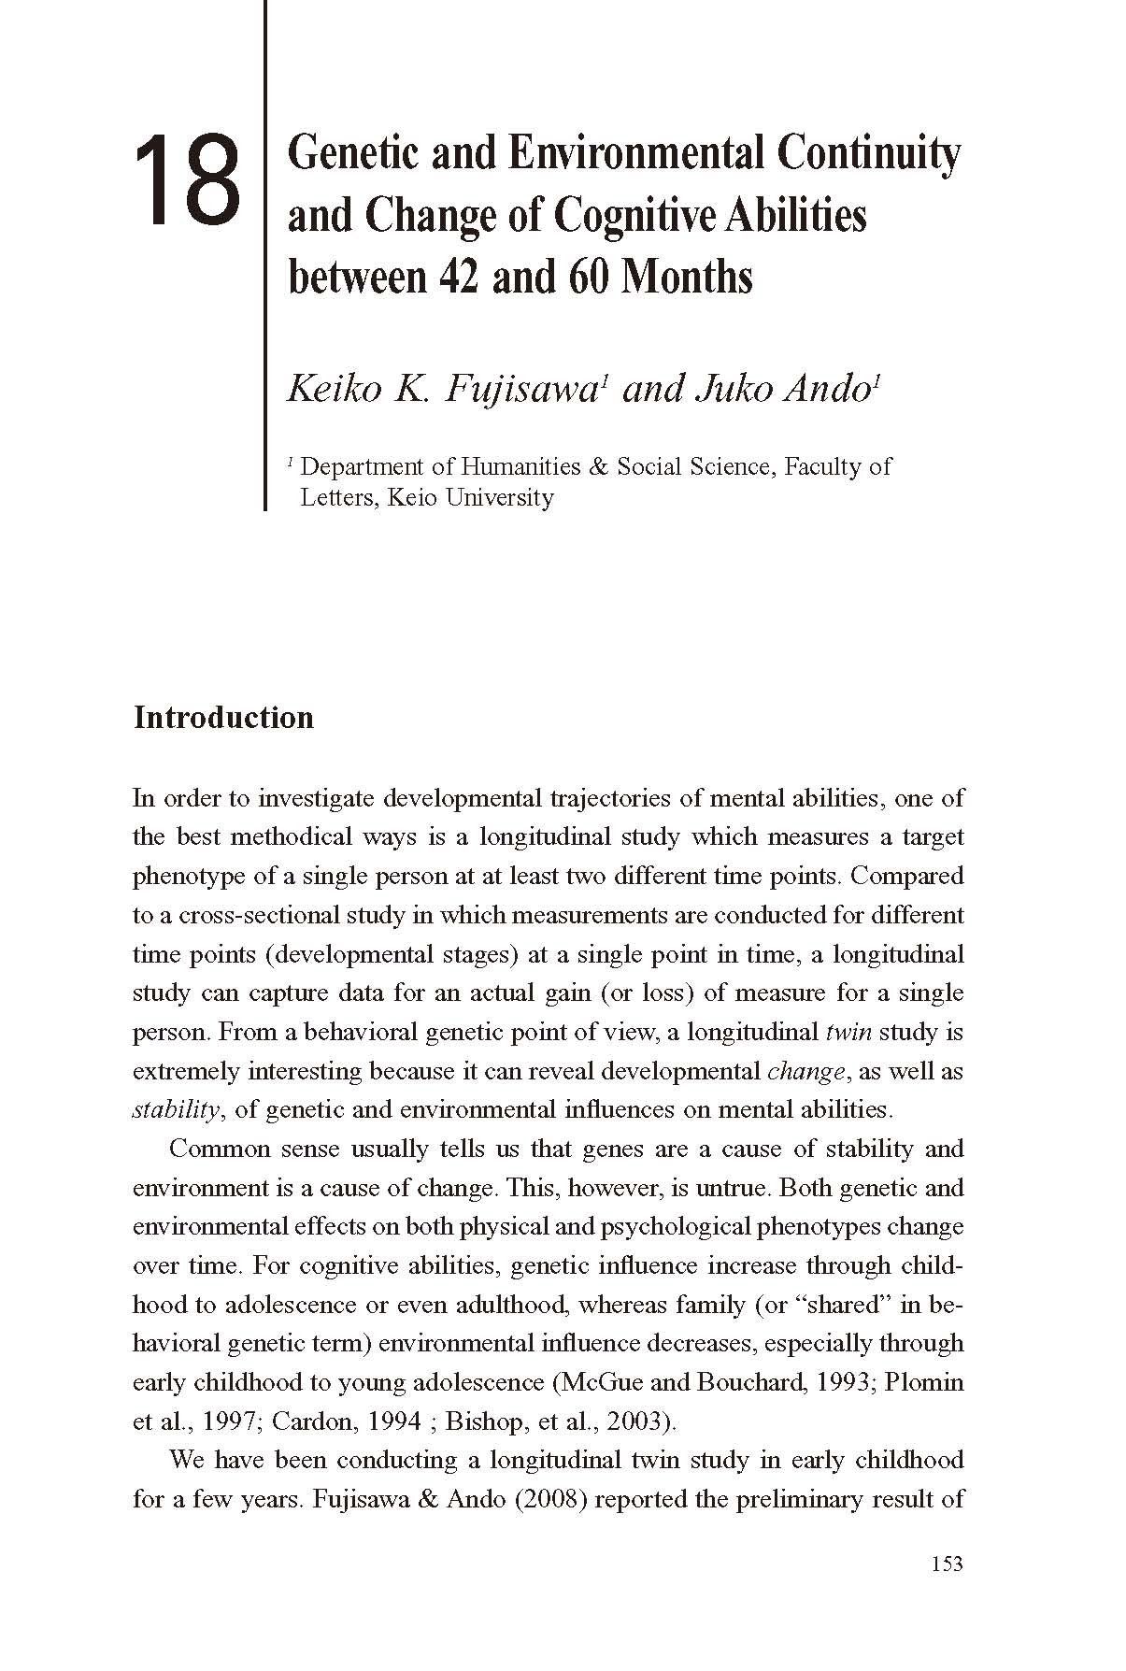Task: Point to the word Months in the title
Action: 687,278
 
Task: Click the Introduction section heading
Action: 223,718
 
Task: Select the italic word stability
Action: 176,1110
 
